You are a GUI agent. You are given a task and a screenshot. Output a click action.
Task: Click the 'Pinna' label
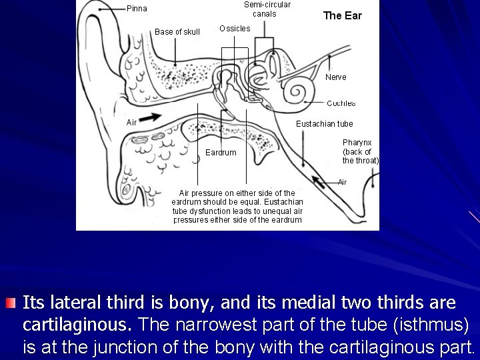(137, 9)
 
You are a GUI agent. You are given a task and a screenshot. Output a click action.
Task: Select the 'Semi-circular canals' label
(267, 9)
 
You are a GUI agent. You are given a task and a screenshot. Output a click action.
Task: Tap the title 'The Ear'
(342, 15)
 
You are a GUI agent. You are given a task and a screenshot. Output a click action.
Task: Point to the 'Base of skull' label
(177, 31)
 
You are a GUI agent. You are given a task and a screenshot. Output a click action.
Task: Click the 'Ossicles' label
(235, 29)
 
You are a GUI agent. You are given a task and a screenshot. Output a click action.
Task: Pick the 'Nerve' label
(335, 77)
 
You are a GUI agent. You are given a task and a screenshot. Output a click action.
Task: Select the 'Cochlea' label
(341, 103)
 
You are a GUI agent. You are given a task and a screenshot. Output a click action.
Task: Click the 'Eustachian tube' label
(324, 123)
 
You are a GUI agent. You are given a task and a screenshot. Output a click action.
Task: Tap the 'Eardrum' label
(220, 153)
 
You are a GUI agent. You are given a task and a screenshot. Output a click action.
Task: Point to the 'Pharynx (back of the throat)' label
(360, 151)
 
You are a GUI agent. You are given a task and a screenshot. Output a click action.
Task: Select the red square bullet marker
(9, 303)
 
